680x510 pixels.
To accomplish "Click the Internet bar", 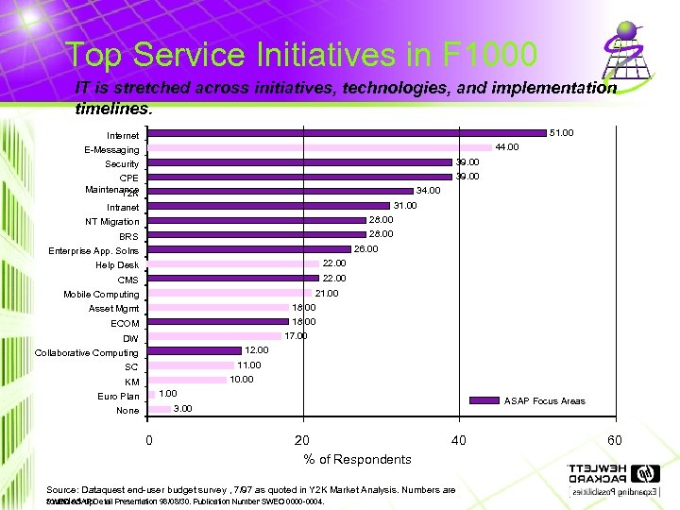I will point(348,133).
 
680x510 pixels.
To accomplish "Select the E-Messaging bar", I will point(320,147).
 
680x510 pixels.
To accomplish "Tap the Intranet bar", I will point(269,206).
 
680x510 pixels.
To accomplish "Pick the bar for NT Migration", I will point(257,220).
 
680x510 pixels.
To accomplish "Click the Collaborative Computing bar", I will point(195,350).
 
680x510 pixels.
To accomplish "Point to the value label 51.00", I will point(561,133).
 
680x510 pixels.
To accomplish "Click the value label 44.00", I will point(507,147).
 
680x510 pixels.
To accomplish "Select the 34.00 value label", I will point(429,191).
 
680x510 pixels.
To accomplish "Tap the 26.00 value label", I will point(365,249).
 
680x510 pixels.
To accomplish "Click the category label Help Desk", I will point(117,265).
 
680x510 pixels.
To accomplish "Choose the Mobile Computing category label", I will point(101,295).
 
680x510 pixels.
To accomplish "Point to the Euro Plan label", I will point(118,397).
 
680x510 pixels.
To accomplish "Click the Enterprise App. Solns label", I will point(93,251).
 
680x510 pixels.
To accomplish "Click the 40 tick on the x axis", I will point(458,440).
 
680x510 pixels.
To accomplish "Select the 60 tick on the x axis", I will point(614,440).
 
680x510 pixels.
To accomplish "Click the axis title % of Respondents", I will point(357,459).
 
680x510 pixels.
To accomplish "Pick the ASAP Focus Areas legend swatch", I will point(484,400).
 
